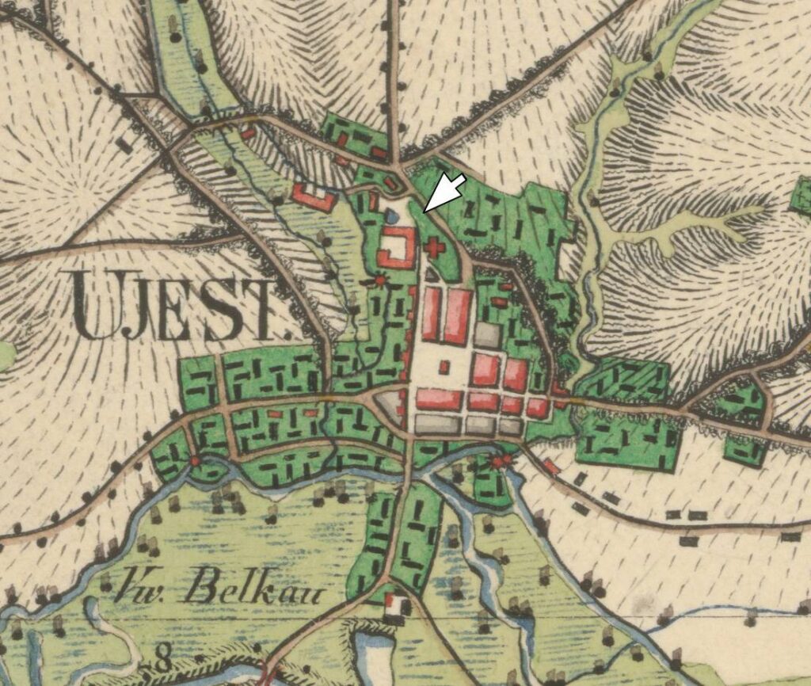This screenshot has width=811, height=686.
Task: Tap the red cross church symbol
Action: tap(433, 248)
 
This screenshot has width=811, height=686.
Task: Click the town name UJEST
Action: tap(178, 306)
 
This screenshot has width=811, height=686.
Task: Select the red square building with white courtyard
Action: tap(397, 247)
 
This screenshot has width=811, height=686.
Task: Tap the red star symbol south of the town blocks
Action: tap(498, 461)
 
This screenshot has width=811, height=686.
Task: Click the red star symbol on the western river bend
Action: tap(195, 459)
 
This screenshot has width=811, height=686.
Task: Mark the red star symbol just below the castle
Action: tap(382, 280)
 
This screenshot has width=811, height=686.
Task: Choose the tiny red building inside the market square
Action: tap(444, 367)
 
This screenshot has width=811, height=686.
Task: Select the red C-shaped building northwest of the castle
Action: tap(314, 196)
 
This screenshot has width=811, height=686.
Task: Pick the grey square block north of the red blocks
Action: tap(487, 335)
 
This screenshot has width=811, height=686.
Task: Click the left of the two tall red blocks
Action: tap(432, 314)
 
